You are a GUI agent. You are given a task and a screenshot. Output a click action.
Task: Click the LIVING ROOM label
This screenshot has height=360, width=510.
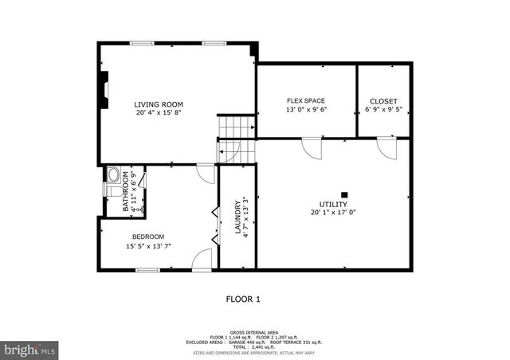pos(159,104)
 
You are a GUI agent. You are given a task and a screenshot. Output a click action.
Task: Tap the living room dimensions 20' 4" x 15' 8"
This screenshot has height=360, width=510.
pos(159,113)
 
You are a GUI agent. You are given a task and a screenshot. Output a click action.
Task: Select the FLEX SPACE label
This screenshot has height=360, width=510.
pos(306,100)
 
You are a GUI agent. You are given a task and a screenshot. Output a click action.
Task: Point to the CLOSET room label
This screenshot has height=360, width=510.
pos(383,101)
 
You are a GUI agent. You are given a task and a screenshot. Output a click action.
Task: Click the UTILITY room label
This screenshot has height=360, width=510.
pos(333,205)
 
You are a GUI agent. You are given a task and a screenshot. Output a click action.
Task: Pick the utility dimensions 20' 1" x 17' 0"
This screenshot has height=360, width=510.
pos(333,213)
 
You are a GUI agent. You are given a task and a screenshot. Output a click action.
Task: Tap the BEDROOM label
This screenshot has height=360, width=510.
pos(148,237)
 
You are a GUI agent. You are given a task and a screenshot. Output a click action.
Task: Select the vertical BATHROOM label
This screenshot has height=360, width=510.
pos(126,192)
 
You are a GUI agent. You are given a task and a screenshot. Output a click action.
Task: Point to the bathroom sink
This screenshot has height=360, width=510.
pos(112,174)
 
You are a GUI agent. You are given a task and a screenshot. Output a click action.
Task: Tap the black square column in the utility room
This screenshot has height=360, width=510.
pos(344,194)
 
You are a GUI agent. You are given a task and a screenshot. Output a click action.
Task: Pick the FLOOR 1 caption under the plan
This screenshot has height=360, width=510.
pos(244,299)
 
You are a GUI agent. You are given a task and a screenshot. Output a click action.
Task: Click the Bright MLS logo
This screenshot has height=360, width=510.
pos(29,349)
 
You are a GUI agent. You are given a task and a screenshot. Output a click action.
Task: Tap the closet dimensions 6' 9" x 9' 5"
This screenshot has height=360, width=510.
pos(383,110)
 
